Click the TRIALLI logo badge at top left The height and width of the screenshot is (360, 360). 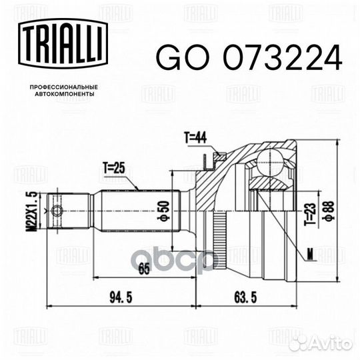63,43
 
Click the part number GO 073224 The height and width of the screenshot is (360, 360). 249,57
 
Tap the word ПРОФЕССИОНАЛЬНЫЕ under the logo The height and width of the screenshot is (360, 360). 64,87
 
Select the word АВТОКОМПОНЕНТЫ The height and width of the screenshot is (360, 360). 65,94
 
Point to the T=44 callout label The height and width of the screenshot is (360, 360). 195,138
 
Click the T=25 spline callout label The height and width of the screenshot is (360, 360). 114,168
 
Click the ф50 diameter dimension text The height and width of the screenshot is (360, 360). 163,211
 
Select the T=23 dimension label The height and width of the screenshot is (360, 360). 310,214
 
